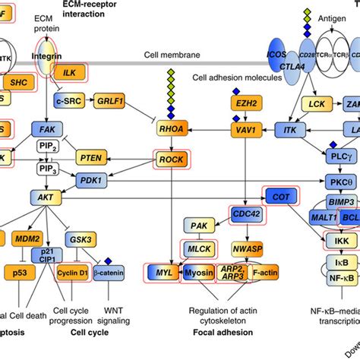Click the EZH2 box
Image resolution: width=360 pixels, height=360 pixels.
coord(242,101)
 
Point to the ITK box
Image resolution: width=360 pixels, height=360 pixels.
coord(290,130)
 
